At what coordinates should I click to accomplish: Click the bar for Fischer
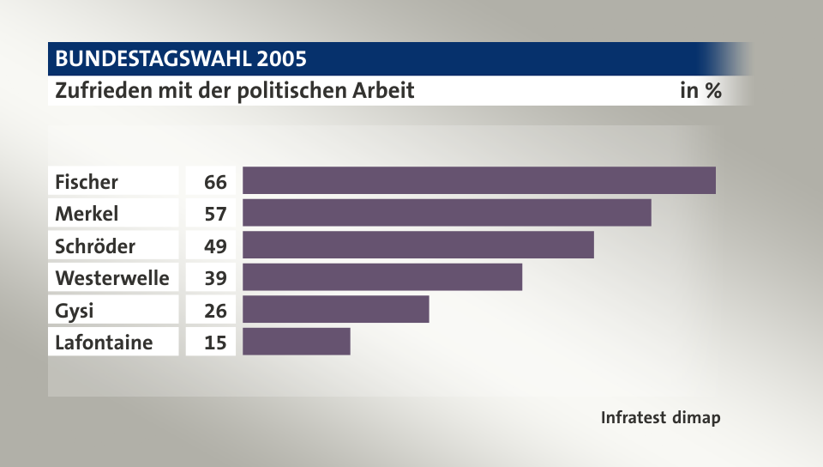tap(478, 180)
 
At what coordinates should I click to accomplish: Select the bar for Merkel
tap(447, 213)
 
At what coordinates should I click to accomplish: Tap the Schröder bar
tap(418, 245)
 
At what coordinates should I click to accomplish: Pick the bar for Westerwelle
tap(381, 277)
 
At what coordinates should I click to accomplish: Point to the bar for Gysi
tap(335, 309)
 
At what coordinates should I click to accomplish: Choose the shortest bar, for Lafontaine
tap(296, 342)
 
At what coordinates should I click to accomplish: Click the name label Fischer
tap(87, 182)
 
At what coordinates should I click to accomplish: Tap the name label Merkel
tap(87, 214)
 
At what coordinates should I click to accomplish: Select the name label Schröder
tap(95, 246)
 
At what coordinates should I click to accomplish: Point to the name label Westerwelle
tap(111, 278)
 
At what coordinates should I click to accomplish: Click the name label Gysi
tap(74, 311)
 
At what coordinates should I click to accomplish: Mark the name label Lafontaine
tap(104, 343)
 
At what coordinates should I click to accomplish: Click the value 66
tap(215, 182)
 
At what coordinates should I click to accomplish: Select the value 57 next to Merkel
tap(215, 214)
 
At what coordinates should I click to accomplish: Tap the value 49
tap(215, 246)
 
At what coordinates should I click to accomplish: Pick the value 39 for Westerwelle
tap(215, 278)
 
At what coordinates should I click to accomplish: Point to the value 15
tap(215, 343)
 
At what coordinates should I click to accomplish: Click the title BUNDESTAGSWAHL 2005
tap(181, 59)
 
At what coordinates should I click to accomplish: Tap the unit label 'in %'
tap(700, 90)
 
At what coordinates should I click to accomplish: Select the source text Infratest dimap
tap(660, 418)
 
